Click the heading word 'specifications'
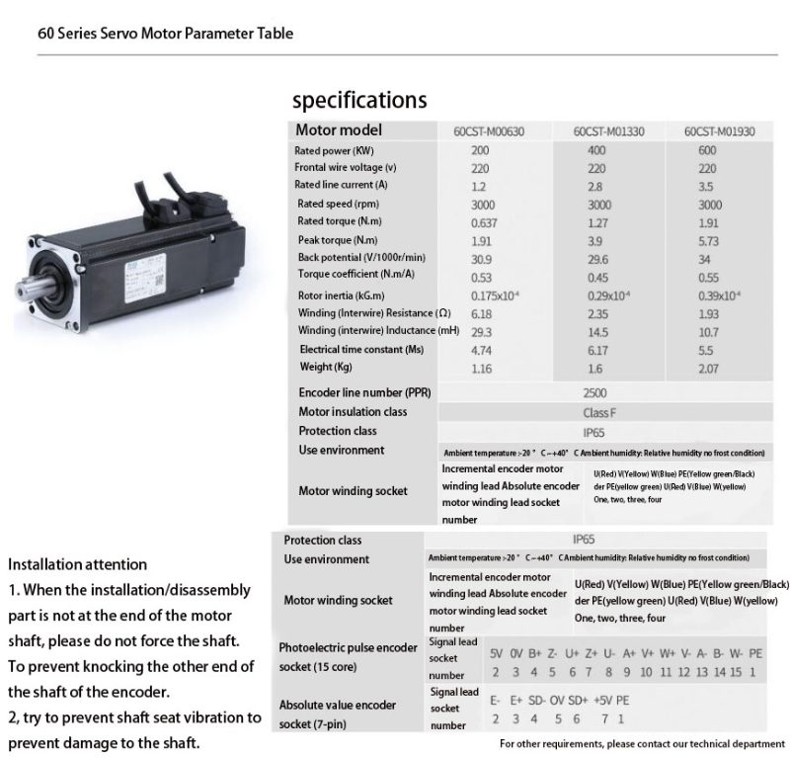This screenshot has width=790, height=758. [359, 100]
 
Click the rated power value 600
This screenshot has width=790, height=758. [707, 150]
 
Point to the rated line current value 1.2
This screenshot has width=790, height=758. [480, 185]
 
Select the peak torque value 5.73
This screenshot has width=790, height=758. [710, 240]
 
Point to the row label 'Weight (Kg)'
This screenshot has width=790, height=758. [325, 368]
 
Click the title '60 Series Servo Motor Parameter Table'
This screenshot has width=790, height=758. [165, 33]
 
